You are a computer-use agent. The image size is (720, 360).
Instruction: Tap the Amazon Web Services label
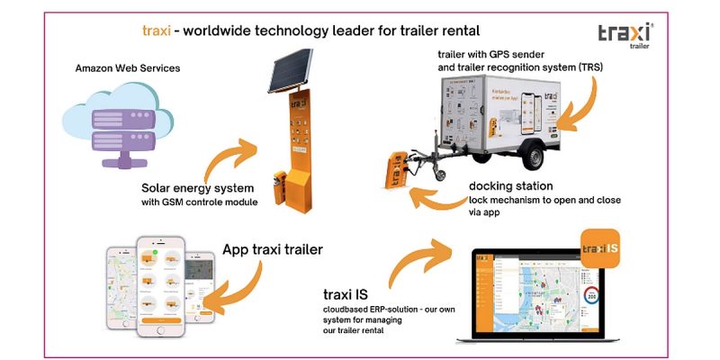[128, 67]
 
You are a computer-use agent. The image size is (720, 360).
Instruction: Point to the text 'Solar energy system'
[198, 190]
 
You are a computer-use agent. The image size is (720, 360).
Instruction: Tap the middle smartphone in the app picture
[161, 289]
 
